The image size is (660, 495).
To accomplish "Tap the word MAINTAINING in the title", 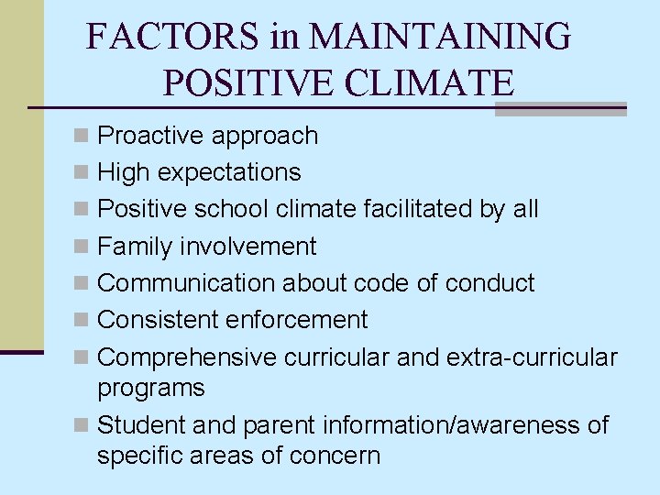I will [x=440, y=37].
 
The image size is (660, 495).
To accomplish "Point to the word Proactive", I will [x=150, y=136].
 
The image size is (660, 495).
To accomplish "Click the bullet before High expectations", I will [x=82, y=172].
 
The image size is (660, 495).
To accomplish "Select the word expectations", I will [x=228, y=172].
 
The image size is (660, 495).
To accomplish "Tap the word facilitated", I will [x=417, y=209].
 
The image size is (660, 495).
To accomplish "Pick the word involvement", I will [x=248, y=246].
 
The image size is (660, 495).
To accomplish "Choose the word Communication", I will [x=186, y=282].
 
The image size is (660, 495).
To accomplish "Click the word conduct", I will [x=489, y=282].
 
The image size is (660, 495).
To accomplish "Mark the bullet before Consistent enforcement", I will [x=82, y=320].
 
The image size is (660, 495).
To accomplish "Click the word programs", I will [x=150, y=388].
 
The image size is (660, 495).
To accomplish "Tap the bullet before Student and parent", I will [x=82, y=425].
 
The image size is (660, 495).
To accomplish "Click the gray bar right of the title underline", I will [x=560, y=109].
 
